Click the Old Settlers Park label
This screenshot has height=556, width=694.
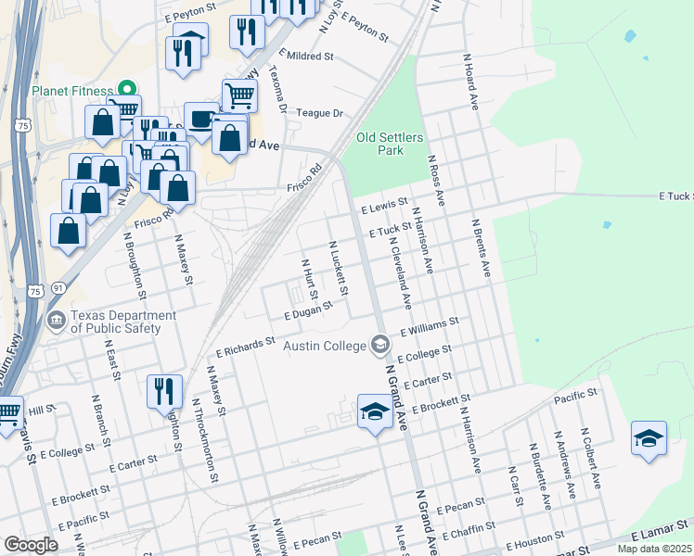390,144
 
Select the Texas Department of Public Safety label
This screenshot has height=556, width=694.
123,322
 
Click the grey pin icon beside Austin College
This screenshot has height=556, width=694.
379,345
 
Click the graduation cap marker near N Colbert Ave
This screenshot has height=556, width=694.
649,438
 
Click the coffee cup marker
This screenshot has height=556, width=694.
201,118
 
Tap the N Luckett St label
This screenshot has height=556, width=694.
339,269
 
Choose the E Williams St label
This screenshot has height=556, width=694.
429,326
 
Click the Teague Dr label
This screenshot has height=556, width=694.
319,113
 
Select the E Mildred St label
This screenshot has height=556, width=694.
305,57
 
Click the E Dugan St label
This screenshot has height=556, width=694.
308,315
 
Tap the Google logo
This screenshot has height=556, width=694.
31,545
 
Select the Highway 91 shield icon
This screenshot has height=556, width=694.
58,289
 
